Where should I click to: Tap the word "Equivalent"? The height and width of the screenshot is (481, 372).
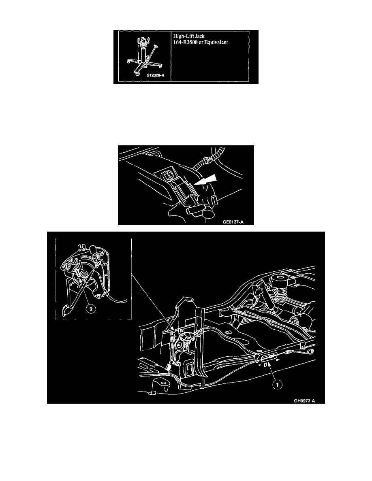(217, 43)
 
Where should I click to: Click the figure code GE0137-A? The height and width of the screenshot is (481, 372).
(233, 222)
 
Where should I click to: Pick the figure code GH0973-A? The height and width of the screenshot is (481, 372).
(304, 400)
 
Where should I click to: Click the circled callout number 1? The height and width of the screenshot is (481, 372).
(278, 384)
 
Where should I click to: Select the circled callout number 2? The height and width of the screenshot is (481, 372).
(91, 309)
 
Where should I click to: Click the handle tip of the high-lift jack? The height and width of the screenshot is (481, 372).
(156, 47)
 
